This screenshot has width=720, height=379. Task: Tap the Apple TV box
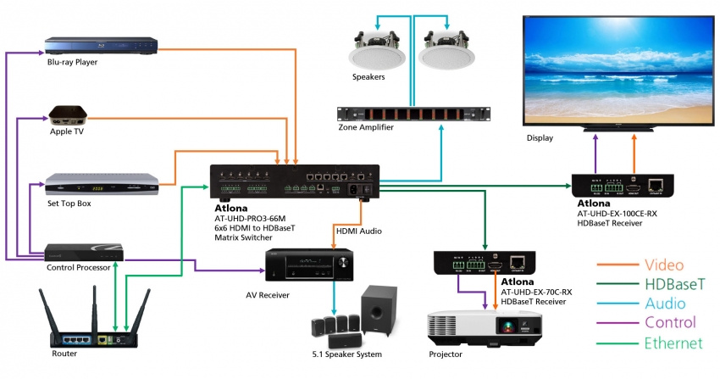[72, 115]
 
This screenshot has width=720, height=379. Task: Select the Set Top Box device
[102, 185]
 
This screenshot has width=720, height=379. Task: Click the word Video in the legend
[664, 265]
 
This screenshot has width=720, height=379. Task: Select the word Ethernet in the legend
[673, 343]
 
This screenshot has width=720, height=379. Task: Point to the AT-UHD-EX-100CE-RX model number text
[616, 214]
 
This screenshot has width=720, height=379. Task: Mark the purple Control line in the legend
[617, 323]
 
